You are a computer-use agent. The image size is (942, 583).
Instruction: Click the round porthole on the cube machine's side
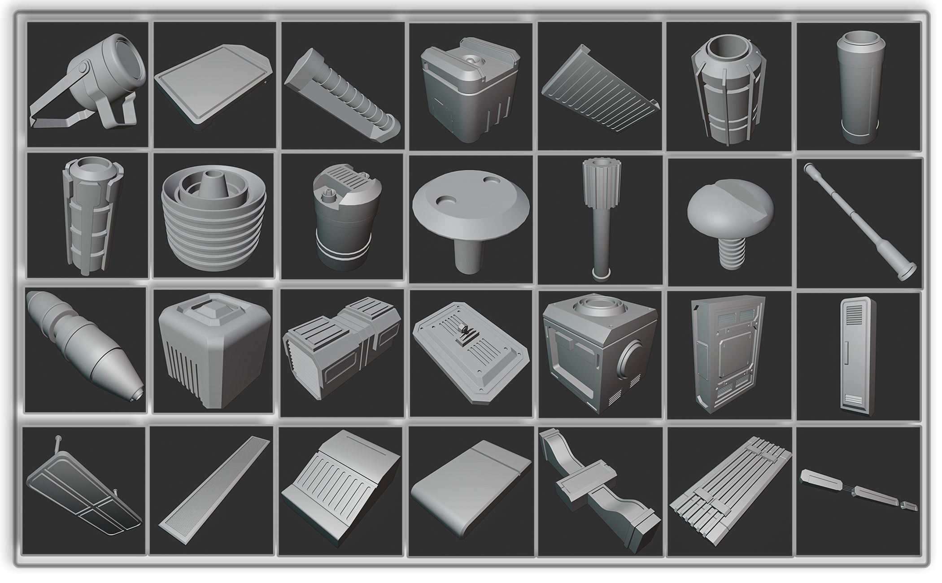pos(633,363)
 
